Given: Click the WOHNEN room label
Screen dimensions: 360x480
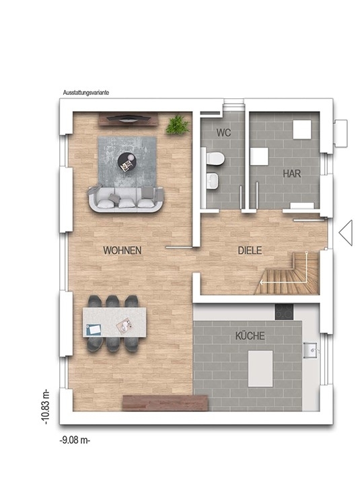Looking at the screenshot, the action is click(x=122, y=250).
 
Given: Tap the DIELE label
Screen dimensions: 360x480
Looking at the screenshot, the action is click(x=250, y=250).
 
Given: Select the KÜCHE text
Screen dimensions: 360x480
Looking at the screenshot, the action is click(x=250, y=336).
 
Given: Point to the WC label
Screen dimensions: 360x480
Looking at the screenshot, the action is click(x=223, y=133).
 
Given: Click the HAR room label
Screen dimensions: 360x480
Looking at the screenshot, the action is click(x=292, y=174).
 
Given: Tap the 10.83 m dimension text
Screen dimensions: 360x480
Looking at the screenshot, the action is click(x=45, y=407).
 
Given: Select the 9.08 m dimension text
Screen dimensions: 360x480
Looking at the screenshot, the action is click(x=75, y=440).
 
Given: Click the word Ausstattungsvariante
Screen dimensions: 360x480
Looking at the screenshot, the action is click(x=86, y=92).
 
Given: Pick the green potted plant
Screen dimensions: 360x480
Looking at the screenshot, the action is click(x=177, y=125).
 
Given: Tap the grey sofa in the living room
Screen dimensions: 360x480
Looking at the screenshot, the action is click(x=126, y=199).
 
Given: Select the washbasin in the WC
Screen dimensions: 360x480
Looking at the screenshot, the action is click(x=212, y=180).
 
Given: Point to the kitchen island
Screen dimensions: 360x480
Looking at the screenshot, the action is click(x=260, y=368).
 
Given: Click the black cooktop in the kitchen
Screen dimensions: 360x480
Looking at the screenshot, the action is click(x=284, y=312).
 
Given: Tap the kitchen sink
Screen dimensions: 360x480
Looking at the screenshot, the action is click(x=310, y=350).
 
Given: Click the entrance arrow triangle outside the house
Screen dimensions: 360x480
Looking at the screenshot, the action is click(x=346, y=233).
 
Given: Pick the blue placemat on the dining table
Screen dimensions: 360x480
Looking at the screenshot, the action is click(x=94, y=329).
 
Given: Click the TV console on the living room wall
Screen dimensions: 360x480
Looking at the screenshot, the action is click(x=128, y=119).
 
